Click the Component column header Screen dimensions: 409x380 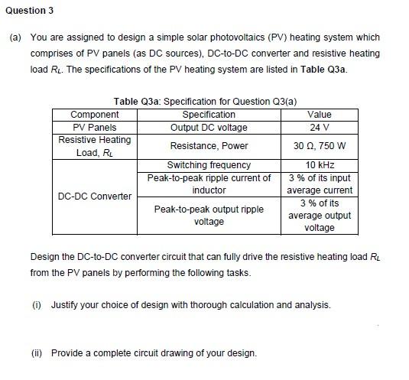94,115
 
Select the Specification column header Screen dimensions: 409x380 209,115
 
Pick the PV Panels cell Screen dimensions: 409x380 94,127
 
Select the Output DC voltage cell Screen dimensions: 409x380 209,127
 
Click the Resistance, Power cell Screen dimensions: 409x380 209,146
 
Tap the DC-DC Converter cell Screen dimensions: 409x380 94,196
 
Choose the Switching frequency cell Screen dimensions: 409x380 209,165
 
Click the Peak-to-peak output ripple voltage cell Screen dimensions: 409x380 209,215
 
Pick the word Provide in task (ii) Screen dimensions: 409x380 68,352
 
